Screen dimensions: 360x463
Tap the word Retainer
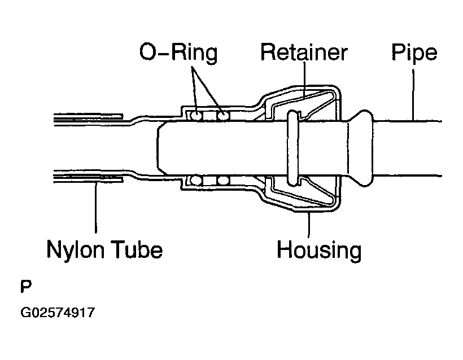coord(303,52)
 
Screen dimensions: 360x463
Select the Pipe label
coord(414,52)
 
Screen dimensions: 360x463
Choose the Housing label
coord(319,249)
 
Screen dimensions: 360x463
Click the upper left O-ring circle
coord(196,116)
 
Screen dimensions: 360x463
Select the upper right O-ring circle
coord(223,116)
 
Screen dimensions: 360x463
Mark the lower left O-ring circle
coord(196,181)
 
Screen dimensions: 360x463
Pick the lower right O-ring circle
coord(223,181)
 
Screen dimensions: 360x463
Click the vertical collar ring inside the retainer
coord(291,148)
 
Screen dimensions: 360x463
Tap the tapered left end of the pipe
coord(160,148)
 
